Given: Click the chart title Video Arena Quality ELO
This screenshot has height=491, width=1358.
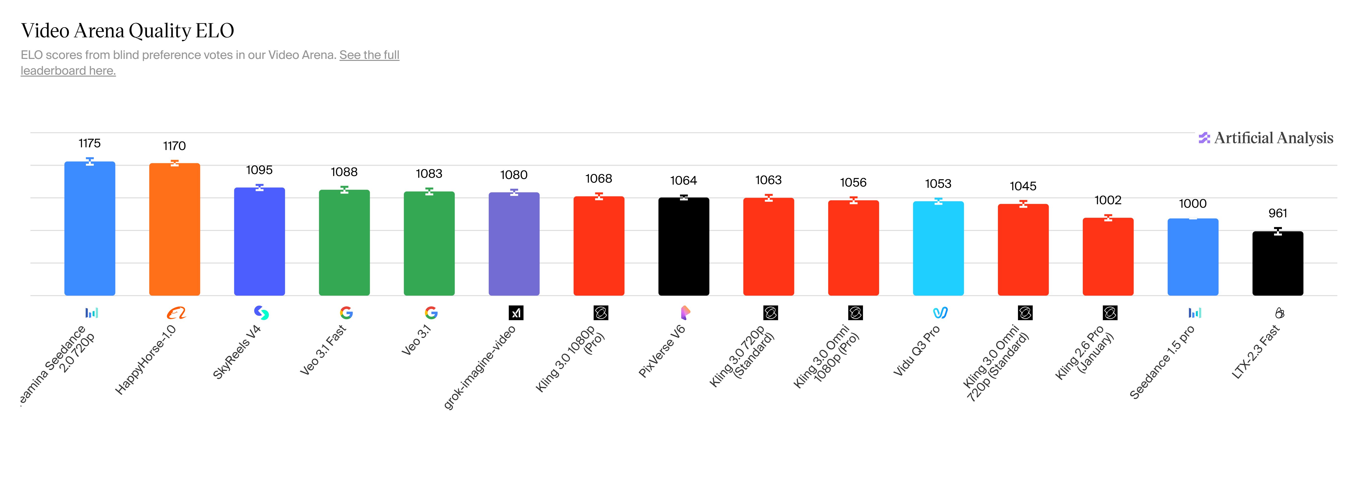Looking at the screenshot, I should [127, 31].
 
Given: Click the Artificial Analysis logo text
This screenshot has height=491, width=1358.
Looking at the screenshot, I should [1273, 138].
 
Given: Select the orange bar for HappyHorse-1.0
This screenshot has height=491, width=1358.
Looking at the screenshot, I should [175, 229].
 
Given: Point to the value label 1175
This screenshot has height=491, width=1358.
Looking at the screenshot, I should [90, 143].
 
